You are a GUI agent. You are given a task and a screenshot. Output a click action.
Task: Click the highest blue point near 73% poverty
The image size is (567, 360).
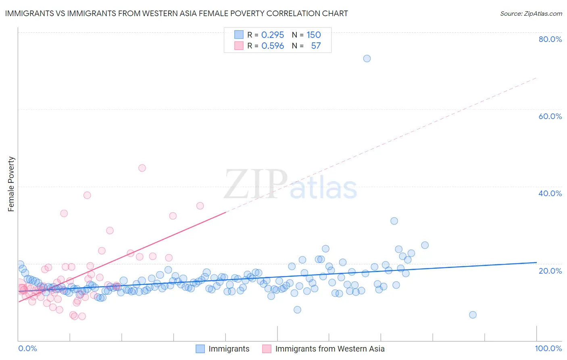pos(367,59)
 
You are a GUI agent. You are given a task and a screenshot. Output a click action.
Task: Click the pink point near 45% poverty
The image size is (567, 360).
pos(142,168)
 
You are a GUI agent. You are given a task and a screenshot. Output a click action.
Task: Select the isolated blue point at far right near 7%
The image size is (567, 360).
pos(473,315)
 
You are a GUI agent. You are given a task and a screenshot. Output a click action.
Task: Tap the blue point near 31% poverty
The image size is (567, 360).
pos(394,221)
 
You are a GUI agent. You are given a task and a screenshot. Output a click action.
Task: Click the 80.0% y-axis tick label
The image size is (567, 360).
pos(550,39)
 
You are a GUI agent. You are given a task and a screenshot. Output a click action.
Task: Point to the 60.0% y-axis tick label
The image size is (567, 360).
pos(550,116)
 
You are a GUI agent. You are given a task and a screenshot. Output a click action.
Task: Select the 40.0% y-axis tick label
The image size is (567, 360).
pos(550,193)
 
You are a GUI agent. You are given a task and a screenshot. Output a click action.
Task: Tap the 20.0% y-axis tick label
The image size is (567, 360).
pos(550,270)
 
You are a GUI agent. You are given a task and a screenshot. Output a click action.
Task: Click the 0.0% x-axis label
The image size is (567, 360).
pos(27,348)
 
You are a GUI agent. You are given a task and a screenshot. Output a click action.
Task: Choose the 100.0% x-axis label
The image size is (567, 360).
pos(548,348)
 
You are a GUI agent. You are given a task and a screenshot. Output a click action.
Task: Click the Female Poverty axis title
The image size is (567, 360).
pos(11,184)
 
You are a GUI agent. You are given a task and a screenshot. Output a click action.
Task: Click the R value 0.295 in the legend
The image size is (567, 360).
pos(273,35)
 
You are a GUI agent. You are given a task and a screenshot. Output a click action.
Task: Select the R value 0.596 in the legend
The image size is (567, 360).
pos(273,46)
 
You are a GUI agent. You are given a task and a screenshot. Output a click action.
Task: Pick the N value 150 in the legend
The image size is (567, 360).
pos(313,35)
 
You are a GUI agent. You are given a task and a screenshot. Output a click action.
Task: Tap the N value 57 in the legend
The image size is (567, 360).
pos(316,46)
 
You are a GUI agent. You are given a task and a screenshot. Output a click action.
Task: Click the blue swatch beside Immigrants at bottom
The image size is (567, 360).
pos(200,349)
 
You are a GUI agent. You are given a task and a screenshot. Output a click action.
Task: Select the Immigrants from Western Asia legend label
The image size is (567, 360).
pos(329,349)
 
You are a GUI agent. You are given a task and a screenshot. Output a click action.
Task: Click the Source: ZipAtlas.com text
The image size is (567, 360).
pos(531,14)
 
